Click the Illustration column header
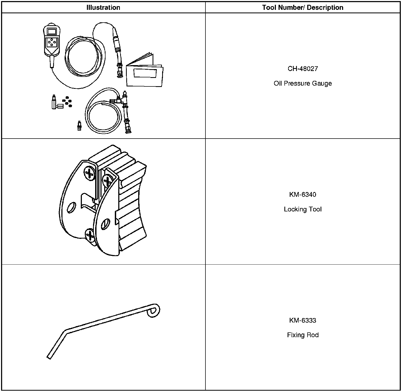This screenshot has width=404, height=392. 103,7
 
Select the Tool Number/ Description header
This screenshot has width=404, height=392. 302,7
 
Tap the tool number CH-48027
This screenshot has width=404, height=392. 302,69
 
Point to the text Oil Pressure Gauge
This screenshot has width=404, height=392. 302,84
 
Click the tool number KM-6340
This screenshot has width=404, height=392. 302,194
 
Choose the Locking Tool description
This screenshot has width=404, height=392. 302,209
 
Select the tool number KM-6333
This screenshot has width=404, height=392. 302,320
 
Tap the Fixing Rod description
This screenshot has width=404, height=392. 302,335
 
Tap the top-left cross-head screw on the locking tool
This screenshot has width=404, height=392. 90,174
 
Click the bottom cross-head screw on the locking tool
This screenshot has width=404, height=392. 90,236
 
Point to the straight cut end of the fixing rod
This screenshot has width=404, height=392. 49,357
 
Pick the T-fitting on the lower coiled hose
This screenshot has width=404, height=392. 123,100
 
